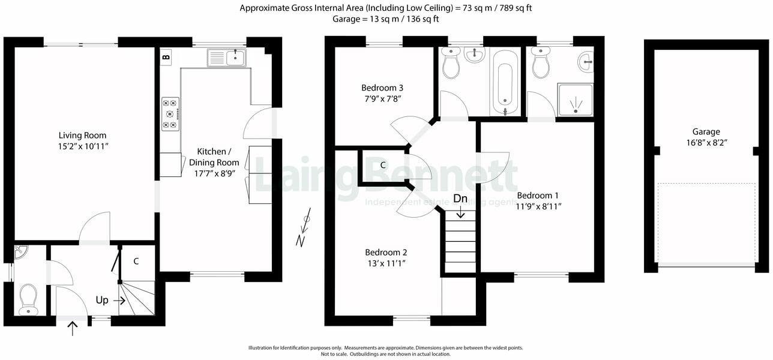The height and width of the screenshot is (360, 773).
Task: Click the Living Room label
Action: coord(82,135)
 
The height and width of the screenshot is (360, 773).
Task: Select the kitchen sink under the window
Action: coord(226,58)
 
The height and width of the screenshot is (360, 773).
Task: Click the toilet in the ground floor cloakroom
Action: coord(28,299)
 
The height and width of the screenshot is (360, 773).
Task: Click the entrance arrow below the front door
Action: coord(73,328)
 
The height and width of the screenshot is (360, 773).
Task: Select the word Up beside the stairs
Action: coord(102,299)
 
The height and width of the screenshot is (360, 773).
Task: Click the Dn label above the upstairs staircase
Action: coord(460,199)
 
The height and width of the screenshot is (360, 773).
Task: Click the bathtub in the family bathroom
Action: coord(505,82)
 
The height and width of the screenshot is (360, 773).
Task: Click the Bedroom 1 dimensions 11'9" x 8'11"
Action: coord(538,206)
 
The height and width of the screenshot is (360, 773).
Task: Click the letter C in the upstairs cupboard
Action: coord(382,165)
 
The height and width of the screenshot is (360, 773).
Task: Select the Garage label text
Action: coord(706,132)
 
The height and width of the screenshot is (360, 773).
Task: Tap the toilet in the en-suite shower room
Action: coord(541,64)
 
